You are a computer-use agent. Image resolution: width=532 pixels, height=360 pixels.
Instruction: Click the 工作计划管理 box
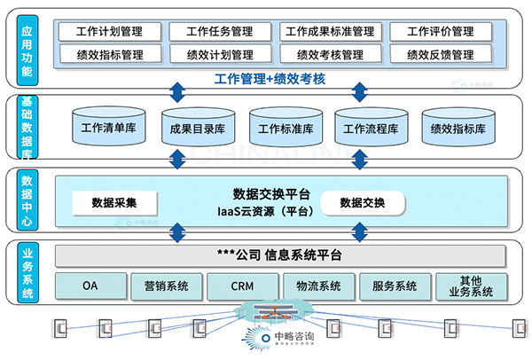pyautogui.click(x=112, y=32)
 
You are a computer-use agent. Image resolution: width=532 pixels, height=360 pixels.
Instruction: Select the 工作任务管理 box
pyautogui.click(x=220, y=32)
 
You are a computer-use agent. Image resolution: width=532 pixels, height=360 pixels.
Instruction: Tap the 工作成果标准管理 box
pyautogui.click(x=330, y=32)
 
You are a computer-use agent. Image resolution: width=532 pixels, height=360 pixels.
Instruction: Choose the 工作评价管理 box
pyautogui.click(x=440, y=32)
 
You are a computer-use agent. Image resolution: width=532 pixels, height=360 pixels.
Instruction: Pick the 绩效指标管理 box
pyautogui.click(x=112, y=54)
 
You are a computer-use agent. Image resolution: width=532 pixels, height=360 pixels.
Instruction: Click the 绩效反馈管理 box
pyautogui.click(x=440, y=54)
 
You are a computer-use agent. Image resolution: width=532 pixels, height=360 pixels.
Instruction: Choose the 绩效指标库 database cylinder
pyautogui.click(x=458, y=128)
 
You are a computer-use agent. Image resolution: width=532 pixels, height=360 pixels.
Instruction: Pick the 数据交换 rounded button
pyautogui.click(x=362, y=203)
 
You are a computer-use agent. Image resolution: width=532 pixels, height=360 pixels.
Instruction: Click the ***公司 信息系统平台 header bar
pyautogui.click(x=279, y=255)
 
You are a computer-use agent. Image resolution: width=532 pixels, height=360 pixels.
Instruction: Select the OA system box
pyautogui.click(x=90, y=286)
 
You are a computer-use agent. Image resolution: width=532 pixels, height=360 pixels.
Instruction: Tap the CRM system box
pyautogui.click(x=242, y=286)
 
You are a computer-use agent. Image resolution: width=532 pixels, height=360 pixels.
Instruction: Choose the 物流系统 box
pyautogui.click(x=318, y=286)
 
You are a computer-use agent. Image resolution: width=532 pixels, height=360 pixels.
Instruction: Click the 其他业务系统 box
pyautogui.click(x=471, y=286)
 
